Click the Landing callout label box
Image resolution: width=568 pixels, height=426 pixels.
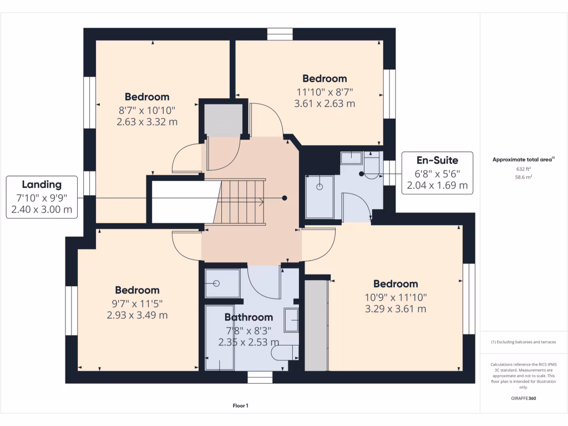(x=42, y=197)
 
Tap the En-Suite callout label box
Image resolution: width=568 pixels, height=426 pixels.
(x=437, y=173)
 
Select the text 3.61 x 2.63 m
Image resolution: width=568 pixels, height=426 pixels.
(x=324, y=103)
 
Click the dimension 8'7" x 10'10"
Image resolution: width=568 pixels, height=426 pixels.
(x=147, y=110)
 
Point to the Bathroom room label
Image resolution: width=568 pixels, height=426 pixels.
(x=248, y=317)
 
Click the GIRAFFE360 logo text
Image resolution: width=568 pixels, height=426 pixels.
(x=524, y=398)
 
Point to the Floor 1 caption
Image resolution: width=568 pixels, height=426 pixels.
(x=240, y=406)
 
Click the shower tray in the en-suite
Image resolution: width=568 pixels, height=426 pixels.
(x=320, y=197)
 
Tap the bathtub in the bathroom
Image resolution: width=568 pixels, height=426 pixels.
(x=219, y=337)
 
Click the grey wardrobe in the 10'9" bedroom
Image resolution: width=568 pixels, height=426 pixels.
(x=317, y=325)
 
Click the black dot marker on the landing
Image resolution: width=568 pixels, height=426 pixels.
(x=285, y=197)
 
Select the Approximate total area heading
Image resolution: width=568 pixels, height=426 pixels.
(x=523, y=160)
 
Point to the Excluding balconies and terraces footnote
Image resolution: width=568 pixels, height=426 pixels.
(x=523, y=342)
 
